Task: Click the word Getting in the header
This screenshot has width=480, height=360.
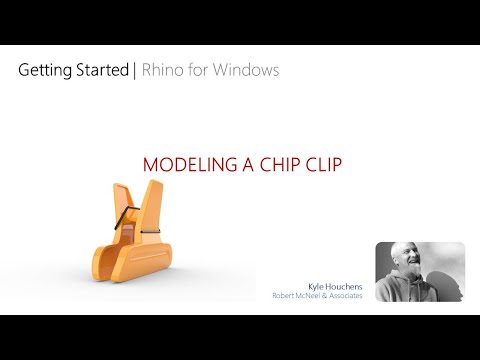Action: coord(43,71)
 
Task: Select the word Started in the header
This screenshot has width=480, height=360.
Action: coord(100,71)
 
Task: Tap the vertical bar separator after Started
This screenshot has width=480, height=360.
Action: coord(134,71)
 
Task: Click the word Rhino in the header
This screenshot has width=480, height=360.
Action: coord(162,71)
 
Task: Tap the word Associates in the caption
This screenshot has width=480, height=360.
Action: coord(348,295)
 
